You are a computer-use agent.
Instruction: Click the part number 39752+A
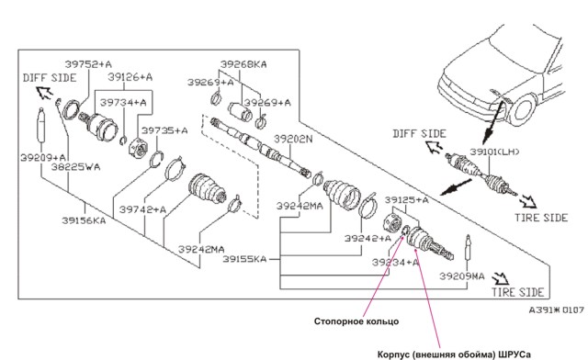[88, 64]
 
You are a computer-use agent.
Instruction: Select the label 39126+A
[130, 77]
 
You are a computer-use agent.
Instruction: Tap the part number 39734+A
[123, 102]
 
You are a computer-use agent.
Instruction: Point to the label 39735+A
[164, 130]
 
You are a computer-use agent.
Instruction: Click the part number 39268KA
[243, 64]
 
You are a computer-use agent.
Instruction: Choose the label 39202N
[293, 139]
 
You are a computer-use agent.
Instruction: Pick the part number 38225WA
[75, 167]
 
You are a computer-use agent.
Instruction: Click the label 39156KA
[84, 220]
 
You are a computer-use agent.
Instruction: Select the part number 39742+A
[142, 209]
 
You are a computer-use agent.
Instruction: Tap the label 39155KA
[244, 259]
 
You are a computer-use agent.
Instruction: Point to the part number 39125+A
[406, 200]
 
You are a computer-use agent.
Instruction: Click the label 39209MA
[462, 276]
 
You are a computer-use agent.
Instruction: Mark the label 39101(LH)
[495, 152]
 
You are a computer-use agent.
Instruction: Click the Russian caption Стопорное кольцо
[356, 321]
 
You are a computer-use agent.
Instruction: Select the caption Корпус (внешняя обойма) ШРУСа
[454, 354]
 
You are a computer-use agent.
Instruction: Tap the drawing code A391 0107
[557, 310]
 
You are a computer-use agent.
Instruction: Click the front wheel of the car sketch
[523, 109]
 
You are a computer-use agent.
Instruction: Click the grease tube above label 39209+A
[40, 125]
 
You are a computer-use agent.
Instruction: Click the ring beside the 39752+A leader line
[71, 109]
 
